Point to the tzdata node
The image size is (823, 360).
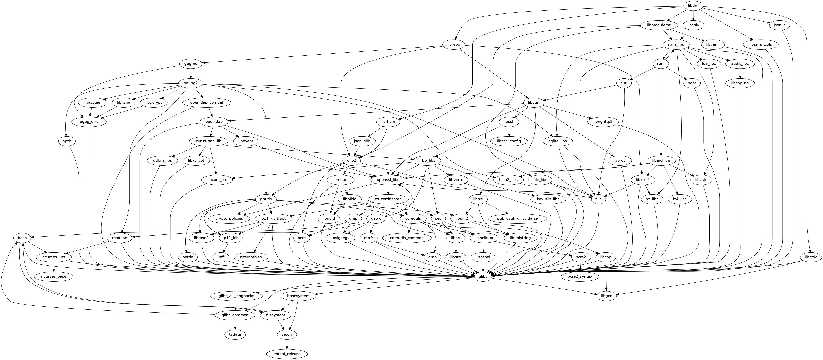pos(235,334)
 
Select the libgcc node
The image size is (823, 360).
pos(606,296)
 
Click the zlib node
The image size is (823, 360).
pos(598,199)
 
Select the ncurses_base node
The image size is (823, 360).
pos(54,276)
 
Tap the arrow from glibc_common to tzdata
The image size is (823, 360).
pos(235,325)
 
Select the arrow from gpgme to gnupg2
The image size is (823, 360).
pos(191,74)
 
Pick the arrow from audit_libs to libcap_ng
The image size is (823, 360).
pos(740,74)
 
